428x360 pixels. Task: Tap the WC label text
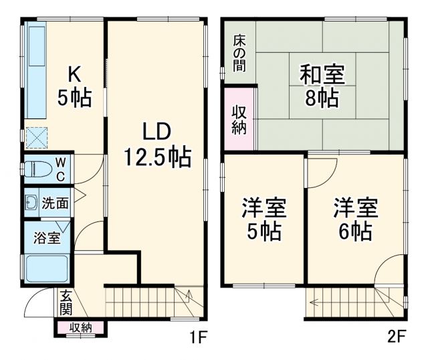60,169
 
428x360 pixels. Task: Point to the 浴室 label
47,237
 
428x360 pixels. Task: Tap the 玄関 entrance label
66,302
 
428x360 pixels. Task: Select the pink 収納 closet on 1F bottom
79,327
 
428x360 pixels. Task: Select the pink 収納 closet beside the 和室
239,118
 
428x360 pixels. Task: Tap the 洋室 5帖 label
263,219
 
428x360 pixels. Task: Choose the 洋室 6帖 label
356,219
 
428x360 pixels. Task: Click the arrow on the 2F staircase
316,302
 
